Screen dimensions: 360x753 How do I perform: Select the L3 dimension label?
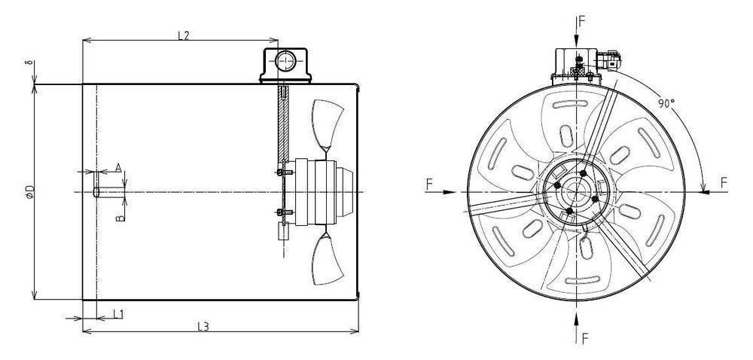(x=203, y=326)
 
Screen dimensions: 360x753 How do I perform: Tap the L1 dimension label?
(x=118, y=313)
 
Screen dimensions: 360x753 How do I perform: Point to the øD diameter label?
(x=29, y=191)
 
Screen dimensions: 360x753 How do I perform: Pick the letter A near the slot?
(x=117, y=167)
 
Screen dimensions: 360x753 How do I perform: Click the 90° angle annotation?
(x=664, y=105)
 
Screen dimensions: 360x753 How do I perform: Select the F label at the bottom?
(x=584, y=337)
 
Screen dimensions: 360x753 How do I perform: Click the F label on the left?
(x=429, y=183)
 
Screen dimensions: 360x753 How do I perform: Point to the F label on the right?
(x=724, y=183)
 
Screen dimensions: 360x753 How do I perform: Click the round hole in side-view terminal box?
(x=285, y=60)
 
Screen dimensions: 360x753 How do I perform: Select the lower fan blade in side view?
(x=328, y=258)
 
